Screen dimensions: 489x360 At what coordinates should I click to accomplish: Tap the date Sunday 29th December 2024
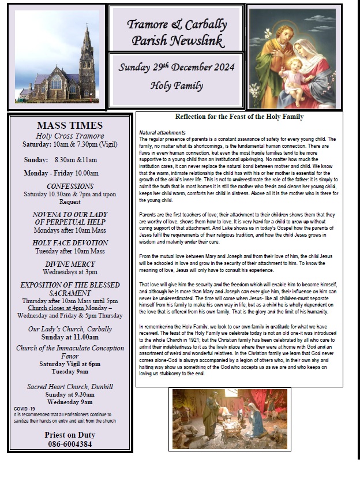pos(177,67)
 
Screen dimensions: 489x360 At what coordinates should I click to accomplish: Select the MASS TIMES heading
pos(70,125)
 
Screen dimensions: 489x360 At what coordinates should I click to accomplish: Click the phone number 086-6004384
pos(70,444)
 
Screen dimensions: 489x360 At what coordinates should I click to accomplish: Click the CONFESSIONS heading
pos(70,186)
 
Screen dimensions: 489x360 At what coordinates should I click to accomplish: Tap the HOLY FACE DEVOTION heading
pos(70,243)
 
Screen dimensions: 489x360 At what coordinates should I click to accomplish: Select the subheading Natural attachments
pos(163,133)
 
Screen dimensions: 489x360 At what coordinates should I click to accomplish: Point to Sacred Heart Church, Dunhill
pos(70,386)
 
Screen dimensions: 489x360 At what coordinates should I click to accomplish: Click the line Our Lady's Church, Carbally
pos(70,329)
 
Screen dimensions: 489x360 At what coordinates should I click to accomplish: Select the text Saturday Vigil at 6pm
pos(70,364)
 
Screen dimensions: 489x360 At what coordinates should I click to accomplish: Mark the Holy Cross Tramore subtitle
pos(70,136)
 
